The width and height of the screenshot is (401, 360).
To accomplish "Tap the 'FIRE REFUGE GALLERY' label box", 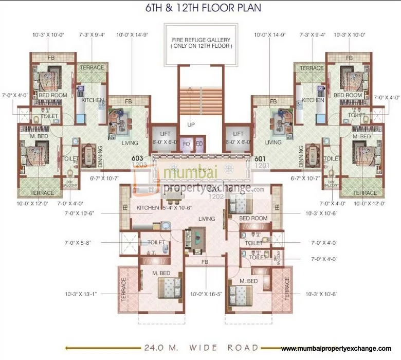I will point(201,43).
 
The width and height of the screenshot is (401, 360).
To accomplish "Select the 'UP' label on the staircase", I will point(191,124).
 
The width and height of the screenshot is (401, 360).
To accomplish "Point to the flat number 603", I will point(137,158).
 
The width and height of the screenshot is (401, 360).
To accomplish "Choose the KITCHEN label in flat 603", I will point(93,100).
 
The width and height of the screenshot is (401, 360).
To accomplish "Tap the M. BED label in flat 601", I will point(362,136).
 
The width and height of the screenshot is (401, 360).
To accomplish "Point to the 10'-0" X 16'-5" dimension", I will point(205,295).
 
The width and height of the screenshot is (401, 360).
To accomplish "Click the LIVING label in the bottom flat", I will point(207,219).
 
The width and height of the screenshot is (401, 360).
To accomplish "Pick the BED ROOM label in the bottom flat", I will point(253,218).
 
